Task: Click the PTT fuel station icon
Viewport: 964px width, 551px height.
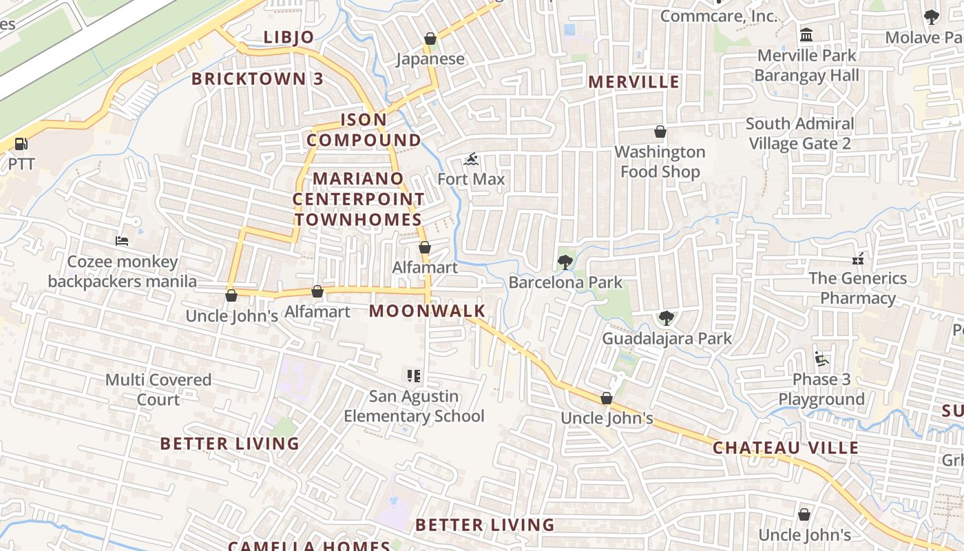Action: pos(21,144)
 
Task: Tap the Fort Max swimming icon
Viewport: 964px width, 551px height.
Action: pos(471,160)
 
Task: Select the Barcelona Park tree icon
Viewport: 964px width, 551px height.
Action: pos(565,262)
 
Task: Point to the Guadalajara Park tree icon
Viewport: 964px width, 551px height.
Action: pos(665,318)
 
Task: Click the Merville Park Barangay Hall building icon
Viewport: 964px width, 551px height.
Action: pos(806,34)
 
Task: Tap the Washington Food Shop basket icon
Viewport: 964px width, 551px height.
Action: pos(660,132)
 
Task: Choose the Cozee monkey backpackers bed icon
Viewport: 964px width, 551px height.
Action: pos(122,241)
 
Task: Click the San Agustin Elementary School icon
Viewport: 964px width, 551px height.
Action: pos(414,376)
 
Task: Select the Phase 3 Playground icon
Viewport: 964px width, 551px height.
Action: pos(821,359)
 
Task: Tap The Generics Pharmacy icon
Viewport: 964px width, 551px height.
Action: pos(857,258)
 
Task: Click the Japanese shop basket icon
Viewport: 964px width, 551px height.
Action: pos(430,39)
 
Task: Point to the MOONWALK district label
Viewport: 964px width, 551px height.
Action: pos(428,311)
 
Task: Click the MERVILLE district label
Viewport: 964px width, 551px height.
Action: pos(633,82)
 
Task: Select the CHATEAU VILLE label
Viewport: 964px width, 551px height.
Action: pos(786,448)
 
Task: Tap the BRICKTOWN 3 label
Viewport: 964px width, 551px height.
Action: pos(257,79)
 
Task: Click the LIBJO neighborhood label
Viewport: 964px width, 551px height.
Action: pos(289,37)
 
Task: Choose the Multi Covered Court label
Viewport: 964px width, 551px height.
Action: pos(158,390)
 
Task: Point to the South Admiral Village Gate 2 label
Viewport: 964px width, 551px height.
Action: pos(799,134)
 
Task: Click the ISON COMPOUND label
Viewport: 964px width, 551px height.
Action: pos(364,129)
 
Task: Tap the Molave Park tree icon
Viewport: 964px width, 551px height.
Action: pos(931,17)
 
